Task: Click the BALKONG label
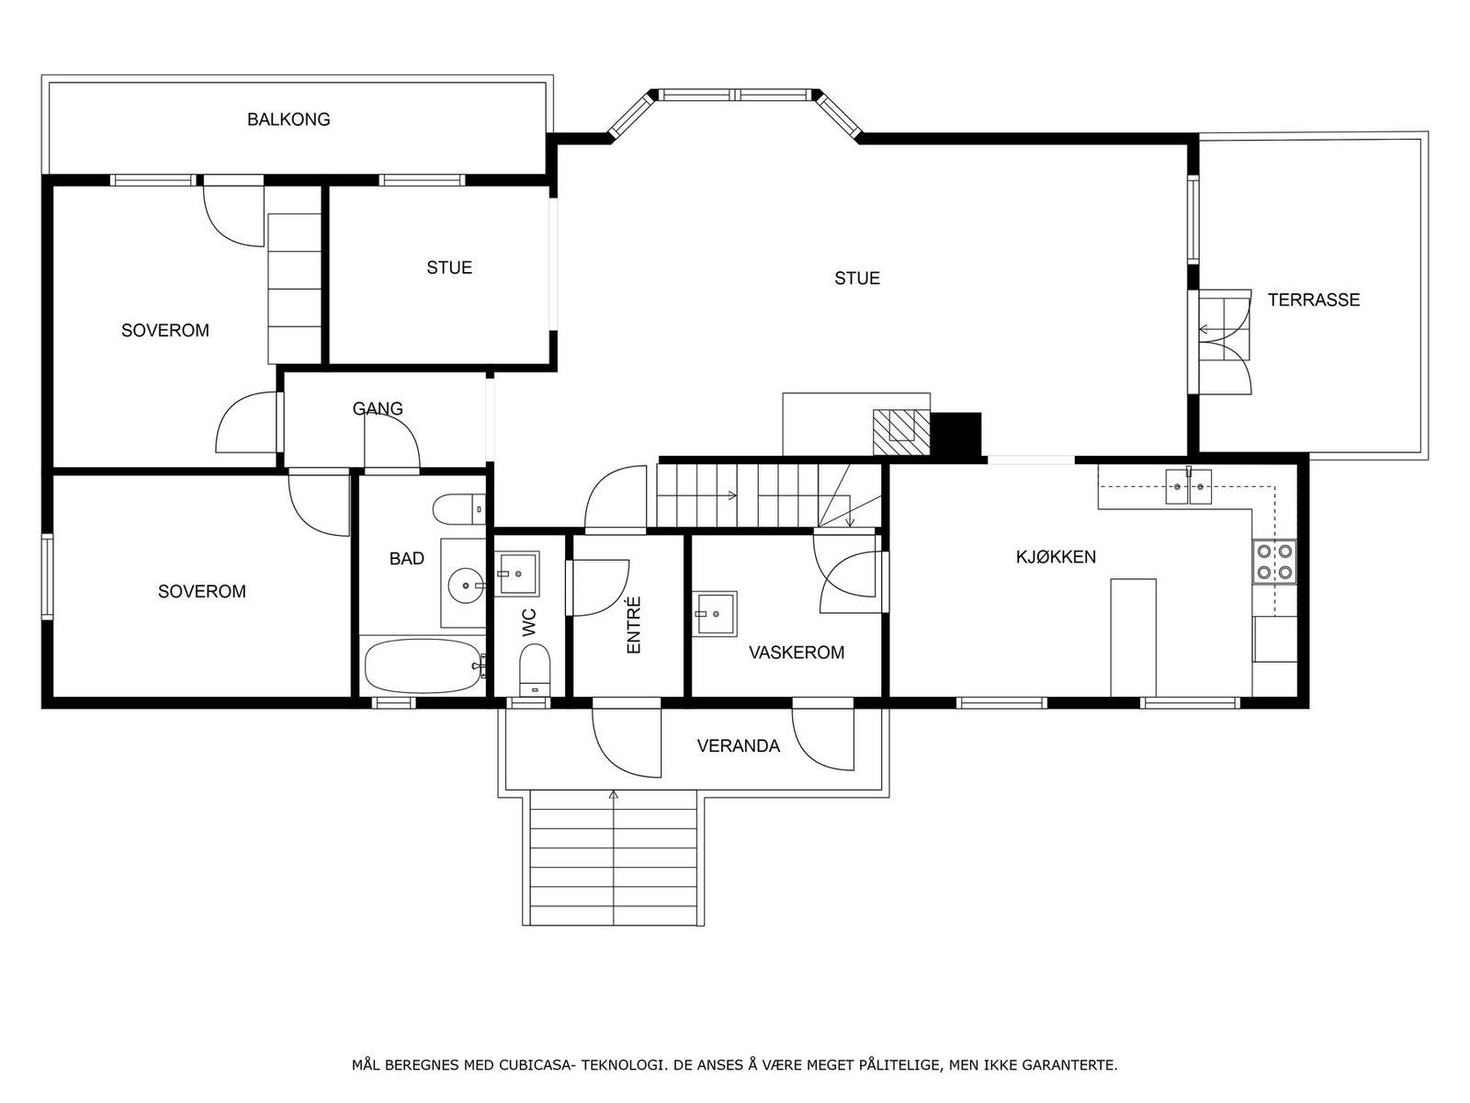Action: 288,119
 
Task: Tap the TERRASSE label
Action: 1313,300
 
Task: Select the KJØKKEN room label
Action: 1056,557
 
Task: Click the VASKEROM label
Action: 796,653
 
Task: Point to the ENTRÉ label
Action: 633,625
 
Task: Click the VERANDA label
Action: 738,746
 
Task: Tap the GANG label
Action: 378,409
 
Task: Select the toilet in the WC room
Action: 534,669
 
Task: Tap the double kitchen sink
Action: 1189,487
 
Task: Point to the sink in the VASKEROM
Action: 715,613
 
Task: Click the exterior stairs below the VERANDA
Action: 613,859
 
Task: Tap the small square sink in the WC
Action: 517,574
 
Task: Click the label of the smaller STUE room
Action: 449,268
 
